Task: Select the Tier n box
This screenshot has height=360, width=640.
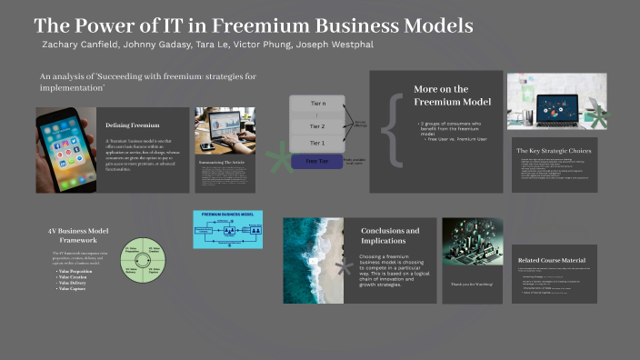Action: tap(317, 105)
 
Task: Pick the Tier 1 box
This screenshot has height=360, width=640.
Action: tap(317, 144)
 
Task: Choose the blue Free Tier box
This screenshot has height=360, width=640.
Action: tap(317, 162)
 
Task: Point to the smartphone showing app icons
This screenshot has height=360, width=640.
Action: tap(65, 150)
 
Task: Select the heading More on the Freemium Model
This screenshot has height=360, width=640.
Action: tap(442, 95)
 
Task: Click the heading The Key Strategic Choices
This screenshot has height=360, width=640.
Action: tap(555, 150)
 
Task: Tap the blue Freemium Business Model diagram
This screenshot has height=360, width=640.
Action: tap(228, 229)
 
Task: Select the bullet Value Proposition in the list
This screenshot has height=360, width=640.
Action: tap(77, 272)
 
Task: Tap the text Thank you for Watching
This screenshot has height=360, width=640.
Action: tap(472, 285)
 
